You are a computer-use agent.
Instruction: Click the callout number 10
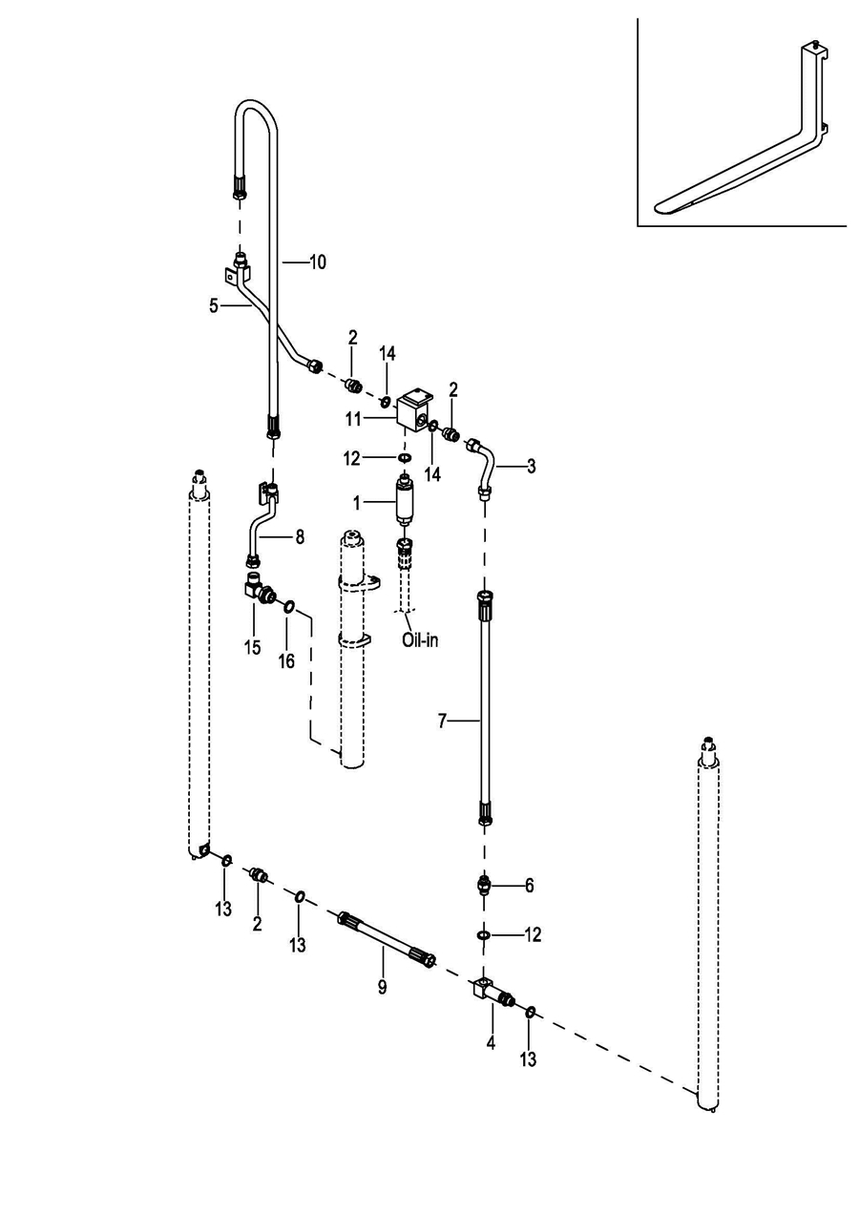click(x=318, y=261)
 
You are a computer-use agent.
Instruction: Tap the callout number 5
click(x=214, y=306)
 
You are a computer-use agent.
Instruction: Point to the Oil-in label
click(x=420, y=639)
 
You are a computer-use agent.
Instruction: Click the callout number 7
click(x=442, y=722)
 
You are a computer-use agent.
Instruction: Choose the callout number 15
click(x=252, y=648)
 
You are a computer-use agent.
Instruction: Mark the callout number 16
click(x=286, y=660)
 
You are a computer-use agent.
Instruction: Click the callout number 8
click(x=300, y=537)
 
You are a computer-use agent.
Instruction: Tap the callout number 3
click(x=532, y=467)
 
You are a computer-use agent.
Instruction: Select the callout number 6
click(x=530, y=886)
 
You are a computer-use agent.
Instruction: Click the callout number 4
click(x=491, y=1043)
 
